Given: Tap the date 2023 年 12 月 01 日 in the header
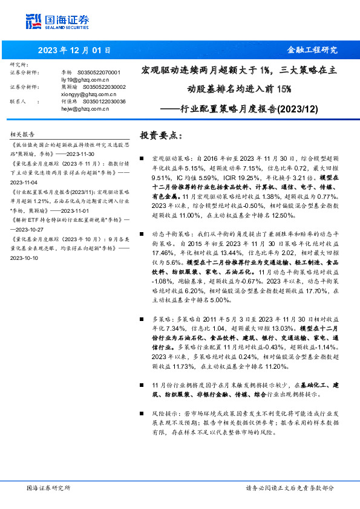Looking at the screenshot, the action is tap(76, 50).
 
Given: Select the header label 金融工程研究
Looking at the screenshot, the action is tap(312, 50).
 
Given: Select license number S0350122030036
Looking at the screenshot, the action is tap(104, 102).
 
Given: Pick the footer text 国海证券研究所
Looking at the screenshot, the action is tap(49, 488).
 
